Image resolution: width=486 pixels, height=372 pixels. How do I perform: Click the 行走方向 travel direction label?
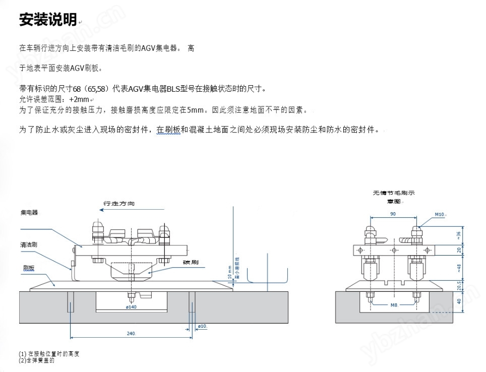(x=119, y=204)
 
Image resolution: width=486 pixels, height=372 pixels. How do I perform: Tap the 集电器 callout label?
(x=29, y=213)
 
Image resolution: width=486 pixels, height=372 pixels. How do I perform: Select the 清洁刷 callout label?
(x=29, y=244)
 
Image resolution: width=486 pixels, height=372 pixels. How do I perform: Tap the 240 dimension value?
(x=131, y=334)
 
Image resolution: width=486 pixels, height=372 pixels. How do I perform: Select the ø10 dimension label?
(x=203, y=327)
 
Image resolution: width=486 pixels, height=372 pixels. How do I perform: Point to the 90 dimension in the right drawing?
(x=393, y=214)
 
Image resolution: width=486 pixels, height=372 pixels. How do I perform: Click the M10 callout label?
(x=440, y=214)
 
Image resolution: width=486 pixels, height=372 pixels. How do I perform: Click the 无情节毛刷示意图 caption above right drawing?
(x=394, y=197)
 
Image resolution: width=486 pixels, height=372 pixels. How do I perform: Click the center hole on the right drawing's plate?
(x=394, y=251)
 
